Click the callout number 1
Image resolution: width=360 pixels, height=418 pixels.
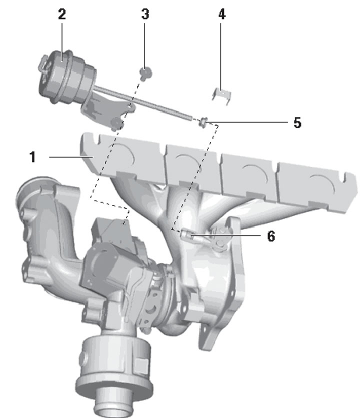click(32, 157)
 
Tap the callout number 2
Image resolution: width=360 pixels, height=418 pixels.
click(62, 14)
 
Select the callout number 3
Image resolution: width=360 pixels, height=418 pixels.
click(145, 14)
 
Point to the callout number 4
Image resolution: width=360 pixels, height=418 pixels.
click(222, 14)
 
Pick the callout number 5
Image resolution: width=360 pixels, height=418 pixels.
click(297, 122)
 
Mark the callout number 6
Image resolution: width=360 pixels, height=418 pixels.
click(271, 236)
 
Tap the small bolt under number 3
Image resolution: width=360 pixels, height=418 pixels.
click(145, 73)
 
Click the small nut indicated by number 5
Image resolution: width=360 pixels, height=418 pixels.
click(203, 122)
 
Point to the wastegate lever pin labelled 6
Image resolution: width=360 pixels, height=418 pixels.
click(186, 234)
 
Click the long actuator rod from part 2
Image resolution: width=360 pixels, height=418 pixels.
click(142, 102)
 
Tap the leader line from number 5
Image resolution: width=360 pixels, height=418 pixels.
click(247, 122)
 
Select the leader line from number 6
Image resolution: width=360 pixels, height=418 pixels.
click(225, 235)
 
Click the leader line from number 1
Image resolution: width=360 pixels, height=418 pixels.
click(71, 157)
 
